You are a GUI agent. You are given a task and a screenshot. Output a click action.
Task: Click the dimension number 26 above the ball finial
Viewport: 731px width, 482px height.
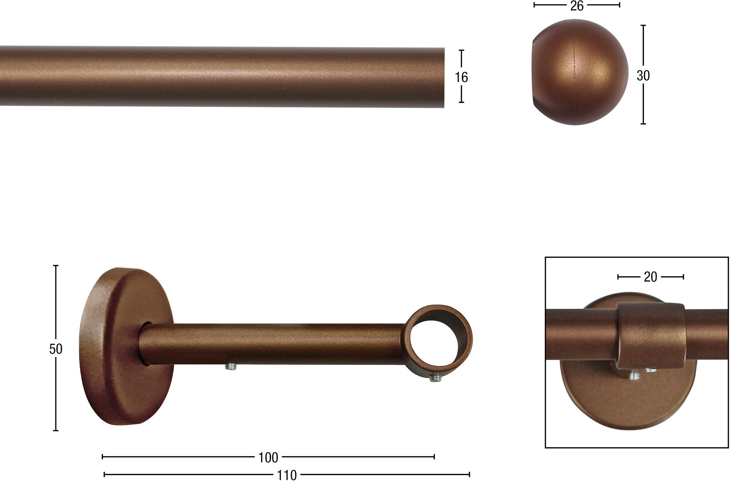pyautogui.click(x=577, y=6)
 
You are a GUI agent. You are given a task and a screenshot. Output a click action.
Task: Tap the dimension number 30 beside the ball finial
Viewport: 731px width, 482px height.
pyautogui.click(x=643, y=76)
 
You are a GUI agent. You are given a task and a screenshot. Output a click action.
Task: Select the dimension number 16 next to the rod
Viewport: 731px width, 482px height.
pyautogui.click(x=461, y=77)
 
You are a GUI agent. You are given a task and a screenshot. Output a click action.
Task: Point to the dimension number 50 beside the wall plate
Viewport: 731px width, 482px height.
pyautogui.click(x=56, y=349)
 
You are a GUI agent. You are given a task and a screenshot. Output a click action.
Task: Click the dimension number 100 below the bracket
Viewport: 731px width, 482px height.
pyautogui.click(x=268, y=458)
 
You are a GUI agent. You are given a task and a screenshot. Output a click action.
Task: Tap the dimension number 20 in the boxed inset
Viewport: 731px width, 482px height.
pyautogui.click(x=650, y=277)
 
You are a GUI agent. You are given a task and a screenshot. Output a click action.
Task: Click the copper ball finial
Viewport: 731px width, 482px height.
pyautogui.click(x=580, y=72)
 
